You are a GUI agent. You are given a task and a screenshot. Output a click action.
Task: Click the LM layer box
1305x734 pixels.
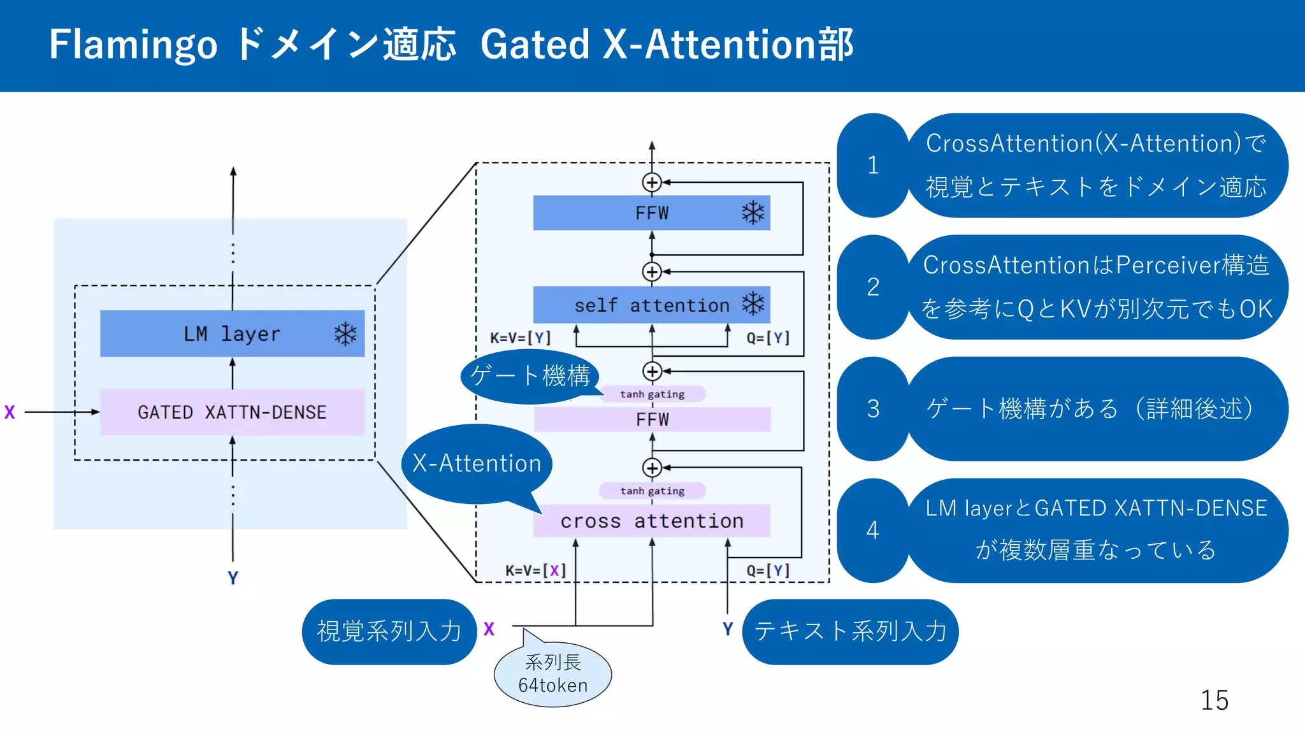click(232, 333)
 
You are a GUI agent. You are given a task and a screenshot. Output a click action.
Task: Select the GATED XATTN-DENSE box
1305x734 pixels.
click(232, 412)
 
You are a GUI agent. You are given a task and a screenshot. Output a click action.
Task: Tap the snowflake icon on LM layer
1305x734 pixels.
click(345, 334)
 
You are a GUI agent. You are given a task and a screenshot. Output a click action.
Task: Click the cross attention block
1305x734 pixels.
click(651, 521)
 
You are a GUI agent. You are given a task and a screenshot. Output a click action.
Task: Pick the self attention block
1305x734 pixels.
click(651, 305)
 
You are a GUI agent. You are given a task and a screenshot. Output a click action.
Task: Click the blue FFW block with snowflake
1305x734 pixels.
click(651, 213)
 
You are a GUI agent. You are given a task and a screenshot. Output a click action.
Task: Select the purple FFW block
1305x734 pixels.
click(651, 419)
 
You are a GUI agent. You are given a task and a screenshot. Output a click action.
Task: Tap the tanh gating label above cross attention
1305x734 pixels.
click(652, 491)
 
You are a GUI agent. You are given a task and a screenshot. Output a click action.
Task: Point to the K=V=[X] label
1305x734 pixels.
click(535, 570)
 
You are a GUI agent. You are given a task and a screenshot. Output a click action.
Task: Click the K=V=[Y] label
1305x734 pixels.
click(520, 338)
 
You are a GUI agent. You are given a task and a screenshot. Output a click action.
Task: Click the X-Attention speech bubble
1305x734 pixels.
click(477, 463)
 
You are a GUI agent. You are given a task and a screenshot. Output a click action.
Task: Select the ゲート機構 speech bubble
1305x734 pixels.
click(530, 376)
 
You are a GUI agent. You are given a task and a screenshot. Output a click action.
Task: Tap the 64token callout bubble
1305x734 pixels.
click(552, 675)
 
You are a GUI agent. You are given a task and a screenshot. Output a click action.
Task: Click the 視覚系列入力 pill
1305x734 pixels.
click(389, 631)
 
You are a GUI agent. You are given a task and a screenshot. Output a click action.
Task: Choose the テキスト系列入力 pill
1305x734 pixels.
click(850, 631)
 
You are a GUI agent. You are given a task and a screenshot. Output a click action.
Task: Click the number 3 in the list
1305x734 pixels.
click(873, 408)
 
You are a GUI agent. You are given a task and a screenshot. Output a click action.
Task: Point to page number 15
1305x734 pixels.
click(1214, 700)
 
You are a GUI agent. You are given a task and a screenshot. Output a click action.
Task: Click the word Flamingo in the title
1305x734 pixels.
click(133, 45)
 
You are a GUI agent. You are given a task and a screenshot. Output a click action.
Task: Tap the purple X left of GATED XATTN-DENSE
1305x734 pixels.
click(10, 412)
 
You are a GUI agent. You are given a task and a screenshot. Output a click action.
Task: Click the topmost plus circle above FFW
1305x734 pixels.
click(651, 183)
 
